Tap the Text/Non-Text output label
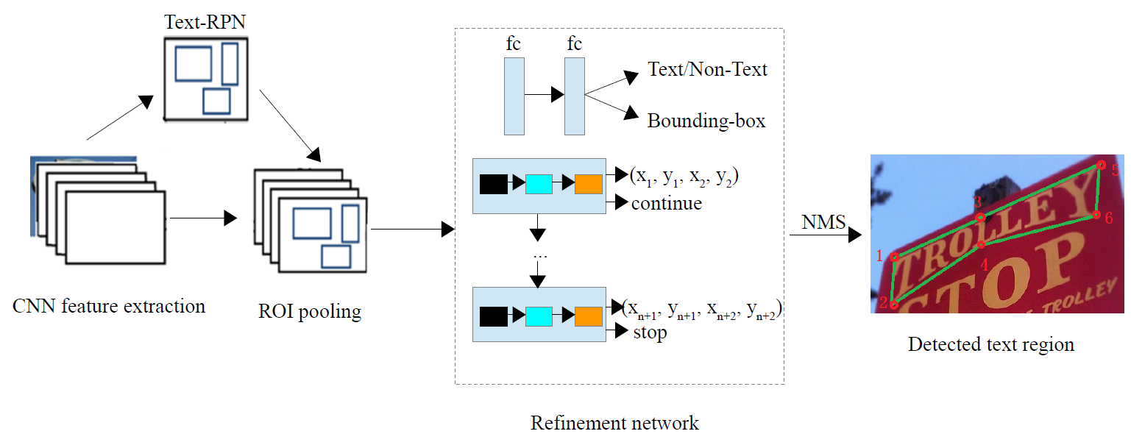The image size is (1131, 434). [707, 69]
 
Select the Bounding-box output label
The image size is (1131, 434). [706, 121]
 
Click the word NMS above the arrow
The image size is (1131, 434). [823, 222]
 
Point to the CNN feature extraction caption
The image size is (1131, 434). [109, 306]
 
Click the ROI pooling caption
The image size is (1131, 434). [310, 311]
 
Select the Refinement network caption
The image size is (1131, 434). [614, 423]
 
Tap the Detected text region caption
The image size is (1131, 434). [990, 344]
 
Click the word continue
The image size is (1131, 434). [666, 203]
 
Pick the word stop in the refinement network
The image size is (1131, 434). [650, 332]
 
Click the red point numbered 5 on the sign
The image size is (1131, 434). [1101, 166]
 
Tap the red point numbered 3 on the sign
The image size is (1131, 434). [980, 216]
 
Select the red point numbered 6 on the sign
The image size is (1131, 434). [1096, 215]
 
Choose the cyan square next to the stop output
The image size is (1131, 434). [539, 316]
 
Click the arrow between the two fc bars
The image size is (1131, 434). [544, 95]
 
